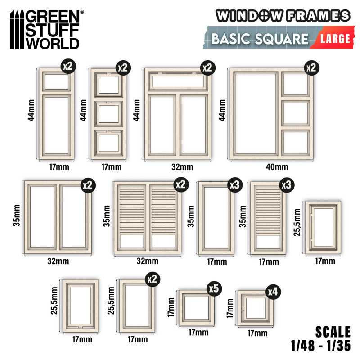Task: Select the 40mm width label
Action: (x=277, y=167)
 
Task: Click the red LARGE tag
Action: (x=334, y=38)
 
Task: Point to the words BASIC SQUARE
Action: (x=260, y=39)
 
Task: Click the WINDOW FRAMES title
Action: (x=283, y=15)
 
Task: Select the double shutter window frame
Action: (x=147, y=218)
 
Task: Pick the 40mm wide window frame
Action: (x=272, y=114)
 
